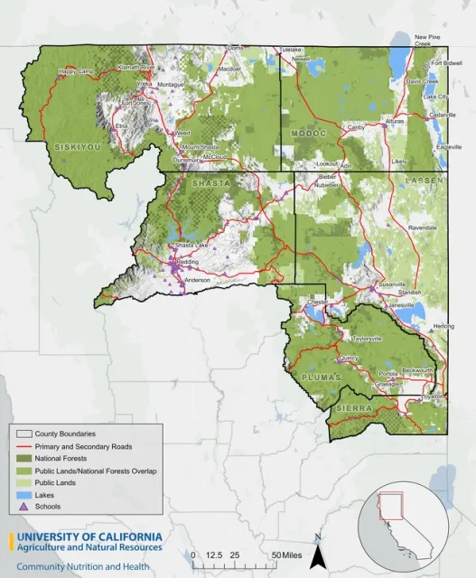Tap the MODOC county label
coord(308,134)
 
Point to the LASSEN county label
coord(422,181)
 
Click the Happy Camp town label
coord(76,71)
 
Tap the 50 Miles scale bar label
coord(290,554)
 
